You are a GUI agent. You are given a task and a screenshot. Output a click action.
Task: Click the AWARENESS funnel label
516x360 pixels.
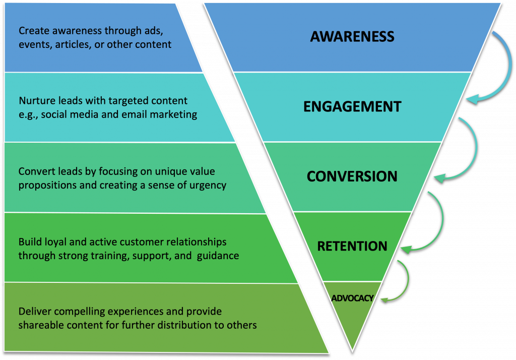[x=352, y=36]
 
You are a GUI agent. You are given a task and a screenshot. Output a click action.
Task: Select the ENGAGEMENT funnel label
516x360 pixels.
[x=352, y=106]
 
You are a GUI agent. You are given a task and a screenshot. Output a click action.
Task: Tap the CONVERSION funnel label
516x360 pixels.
[x=352, y=176]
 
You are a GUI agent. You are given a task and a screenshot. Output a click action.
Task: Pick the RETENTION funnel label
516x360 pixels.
[x=352, y=246]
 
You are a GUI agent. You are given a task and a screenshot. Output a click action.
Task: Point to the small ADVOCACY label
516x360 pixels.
[x=352, y=298]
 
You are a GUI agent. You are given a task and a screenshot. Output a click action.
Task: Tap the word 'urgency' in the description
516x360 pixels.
[x=210, y=185]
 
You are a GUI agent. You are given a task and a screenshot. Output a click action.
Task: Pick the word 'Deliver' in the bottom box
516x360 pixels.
[x=34, y=312]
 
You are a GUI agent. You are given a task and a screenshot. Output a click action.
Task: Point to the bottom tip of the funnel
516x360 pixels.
[x=352, y=349]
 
